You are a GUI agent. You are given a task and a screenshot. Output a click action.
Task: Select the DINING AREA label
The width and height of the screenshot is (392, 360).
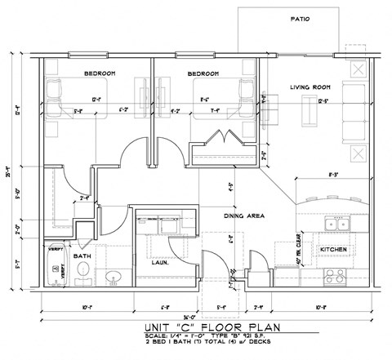point(243,216)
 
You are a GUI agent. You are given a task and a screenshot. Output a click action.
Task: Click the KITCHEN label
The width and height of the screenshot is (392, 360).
point(334,249)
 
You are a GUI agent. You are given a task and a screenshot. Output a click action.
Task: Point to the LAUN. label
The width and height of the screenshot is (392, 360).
point(159,263)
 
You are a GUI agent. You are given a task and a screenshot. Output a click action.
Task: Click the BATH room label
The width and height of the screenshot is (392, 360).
point(82,256)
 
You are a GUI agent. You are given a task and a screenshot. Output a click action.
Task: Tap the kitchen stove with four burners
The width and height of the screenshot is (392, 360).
point(336,274)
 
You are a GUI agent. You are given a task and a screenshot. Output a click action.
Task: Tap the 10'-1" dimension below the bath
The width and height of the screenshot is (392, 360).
point(87,308)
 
